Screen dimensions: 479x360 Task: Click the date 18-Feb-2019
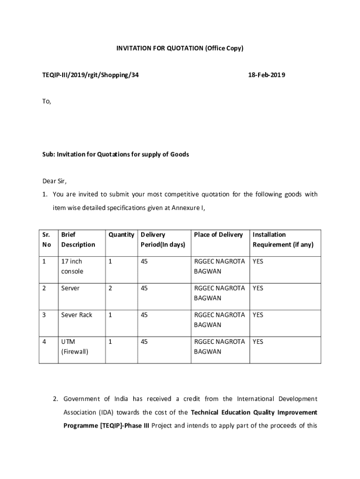tap(265, 75)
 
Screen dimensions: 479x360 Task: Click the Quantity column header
tap(121, 235)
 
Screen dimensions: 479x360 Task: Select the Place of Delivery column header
tap(218, 235)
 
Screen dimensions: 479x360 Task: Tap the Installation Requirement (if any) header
tap(283, 239)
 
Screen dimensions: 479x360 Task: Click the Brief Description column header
tap(78, 239)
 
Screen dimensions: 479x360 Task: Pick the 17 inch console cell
tap(72, 266)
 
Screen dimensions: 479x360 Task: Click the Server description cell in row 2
tap(70, 288)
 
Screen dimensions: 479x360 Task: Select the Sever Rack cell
tap(77, 315)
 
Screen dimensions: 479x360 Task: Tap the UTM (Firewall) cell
tap(74, 346)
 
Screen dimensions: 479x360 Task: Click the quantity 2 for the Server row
tap(110, 288)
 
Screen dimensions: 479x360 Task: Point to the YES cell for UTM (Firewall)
tap(258, 341)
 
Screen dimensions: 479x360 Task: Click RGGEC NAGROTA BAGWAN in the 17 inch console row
tap(219, 266)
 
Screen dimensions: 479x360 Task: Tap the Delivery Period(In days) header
tap(163, 239)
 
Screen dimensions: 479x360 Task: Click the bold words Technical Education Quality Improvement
tap(254, 413)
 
